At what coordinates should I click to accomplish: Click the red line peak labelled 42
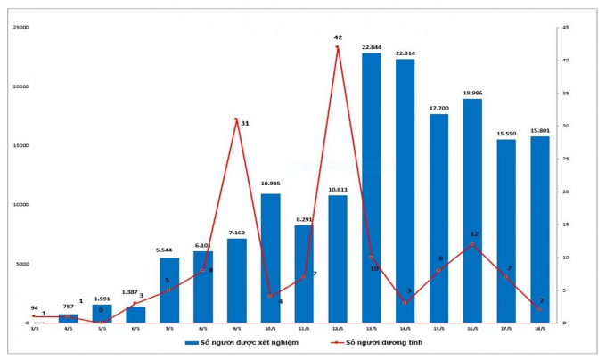pos(338,47)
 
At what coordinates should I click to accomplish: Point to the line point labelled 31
pos(236,119)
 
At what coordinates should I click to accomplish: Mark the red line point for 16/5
pos(471,243)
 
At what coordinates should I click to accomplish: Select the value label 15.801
pos(539,130)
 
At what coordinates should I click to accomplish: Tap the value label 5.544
pos(168,252)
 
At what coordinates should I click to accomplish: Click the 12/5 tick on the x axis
pos(338,329)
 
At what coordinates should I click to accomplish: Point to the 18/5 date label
pos(539,329)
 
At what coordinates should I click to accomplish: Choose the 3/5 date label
pos(34,329)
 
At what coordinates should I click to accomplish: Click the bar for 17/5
pos(505,231)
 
